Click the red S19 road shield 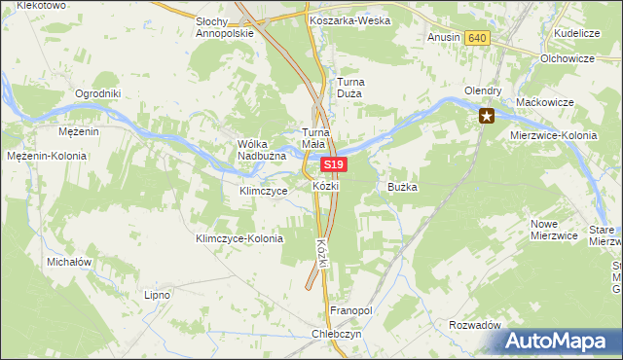[x=334, y=165]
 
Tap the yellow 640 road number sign [x=476, y=37]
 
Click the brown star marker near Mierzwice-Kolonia [x=487, y=118]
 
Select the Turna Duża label [x=349, y=89]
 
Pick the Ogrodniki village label [x=97, y=94]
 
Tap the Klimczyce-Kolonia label [x=239, y=238]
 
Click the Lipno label [x=157, y=294]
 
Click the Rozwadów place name [x=475, y=325]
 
